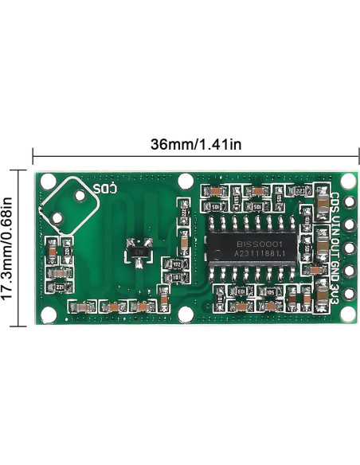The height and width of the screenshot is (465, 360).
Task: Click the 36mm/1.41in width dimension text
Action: click(196, 145)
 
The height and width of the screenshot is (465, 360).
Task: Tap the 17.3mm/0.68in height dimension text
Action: click(7, 247)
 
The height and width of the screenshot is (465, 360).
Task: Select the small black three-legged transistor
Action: click(139, 252)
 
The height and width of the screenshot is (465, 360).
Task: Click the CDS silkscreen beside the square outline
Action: click(105, 190)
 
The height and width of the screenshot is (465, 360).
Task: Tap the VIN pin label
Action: click(336, 224)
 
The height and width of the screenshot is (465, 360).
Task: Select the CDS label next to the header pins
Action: click(336, 201)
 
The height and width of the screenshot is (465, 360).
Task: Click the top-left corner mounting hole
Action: click(45, 182)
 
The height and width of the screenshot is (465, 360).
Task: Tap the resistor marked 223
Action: click(299, 191)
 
